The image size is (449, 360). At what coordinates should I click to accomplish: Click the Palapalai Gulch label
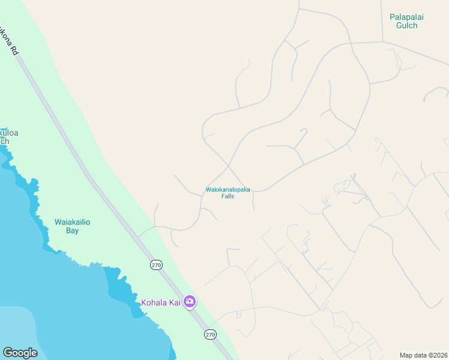click(406, 21)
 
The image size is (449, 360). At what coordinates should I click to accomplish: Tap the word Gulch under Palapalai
click(406, 26)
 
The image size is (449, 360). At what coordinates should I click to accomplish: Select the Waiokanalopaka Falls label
click(228, 193)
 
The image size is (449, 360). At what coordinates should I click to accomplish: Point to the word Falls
click(228, 196)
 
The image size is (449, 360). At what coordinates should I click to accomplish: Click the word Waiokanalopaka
click(228, 190)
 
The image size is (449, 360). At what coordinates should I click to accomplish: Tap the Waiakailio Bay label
click(73, 226)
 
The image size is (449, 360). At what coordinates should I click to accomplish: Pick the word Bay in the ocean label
click(73, 230)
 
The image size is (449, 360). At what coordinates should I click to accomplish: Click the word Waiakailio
click(73, 222)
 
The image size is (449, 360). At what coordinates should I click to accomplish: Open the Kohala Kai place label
click(161, 302)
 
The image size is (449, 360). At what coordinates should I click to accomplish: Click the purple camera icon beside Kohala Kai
click(190, 302)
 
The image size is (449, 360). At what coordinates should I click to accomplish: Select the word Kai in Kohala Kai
click(174, 302)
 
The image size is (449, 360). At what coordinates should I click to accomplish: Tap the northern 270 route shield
click(156, 265)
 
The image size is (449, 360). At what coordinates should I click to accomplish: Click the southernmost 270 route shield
click(209, 334)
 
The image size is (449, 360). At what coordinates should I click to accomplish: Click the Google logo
click(20, 353)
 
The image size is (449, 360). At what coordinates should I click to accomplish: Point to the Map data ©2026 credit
click(423, 355)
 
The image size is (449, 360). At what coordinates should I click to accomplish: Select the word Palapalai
click(406, 17)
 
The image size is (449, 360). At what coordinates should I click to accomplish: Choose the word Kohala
click(153, 302)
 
